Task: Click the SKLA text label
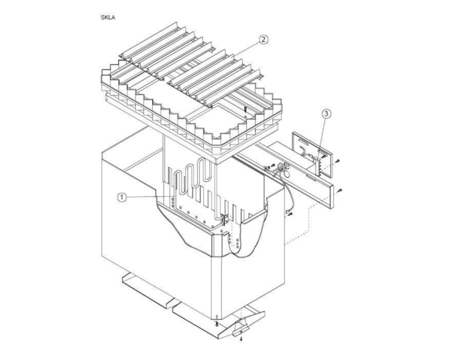point(108,17)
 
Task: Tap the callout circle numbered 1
point(122,197)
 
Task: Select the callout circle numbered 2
point(263,40)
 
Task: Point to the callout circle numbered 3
point(326,113)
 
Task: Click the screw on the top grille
point(245,110)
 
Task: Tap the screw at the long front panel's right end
point(340,190)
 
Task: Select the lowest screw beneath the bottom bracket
point(241,339)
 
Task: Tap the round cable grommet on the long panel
point(282,166)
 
